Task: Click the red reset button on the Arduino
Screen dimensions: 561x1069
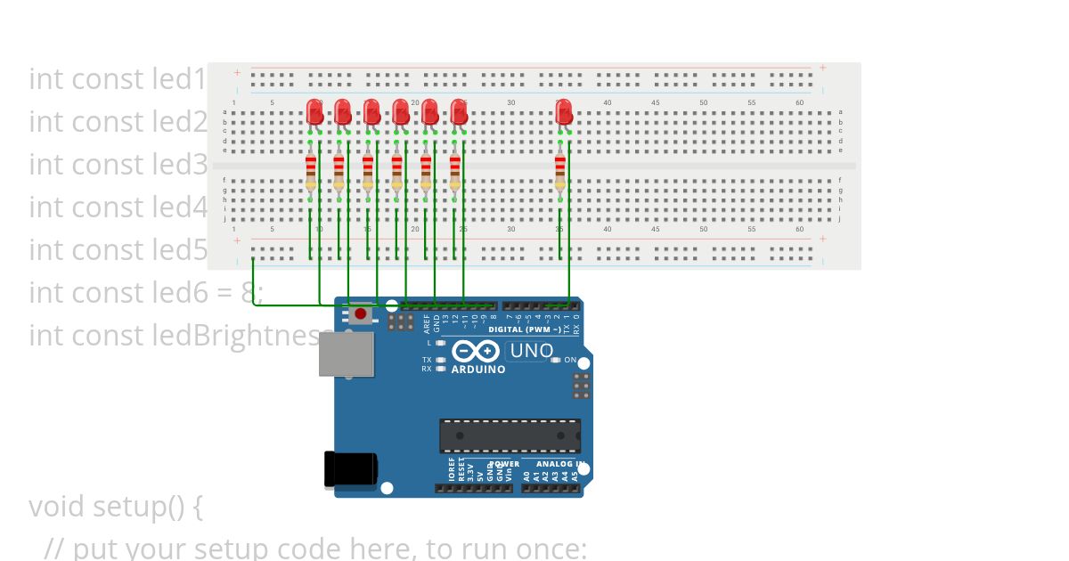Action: [x=360, y=313]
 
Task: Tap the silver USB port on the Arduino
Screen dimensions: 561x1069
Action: [x=347, y=354]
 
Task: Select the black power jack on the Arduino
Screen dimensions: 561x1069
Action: [x=350, y=469]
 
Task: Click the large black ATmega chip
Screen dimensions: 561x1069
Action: [x=510, y=435]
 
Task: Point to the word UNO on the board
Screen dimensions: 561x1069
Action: [x=531, y=351]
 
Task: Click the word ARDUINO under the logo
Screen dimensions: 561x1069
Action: [x=478, y=370]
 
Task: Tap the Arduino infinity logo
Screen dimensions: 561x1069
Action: [x=469, y=351]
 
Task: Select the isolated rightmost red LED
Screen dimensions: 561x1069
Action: [x=564, y=112]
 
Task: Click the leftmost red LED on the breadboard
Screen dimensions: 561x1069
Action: [x=314, y=112]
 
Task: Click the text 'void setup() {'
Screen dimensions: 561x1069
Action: [x=116, y=506]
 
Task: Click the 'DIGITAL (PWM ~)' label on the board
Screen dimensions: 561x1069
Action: [x=525, y=329]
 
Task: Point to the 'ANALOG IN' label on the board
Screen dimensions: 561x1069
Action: [x=559, y=464]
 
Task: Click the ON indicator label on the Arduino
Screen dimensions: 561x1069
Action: [x=570, y=360]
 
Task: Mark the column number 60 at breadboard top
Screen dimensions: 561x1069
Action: [x=800, y=103]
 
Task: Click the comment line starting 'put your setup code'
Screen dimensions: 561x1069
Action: [x=315, y=547]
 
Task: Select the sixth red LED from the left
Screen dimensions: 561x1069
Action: [x=459, y=112]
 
